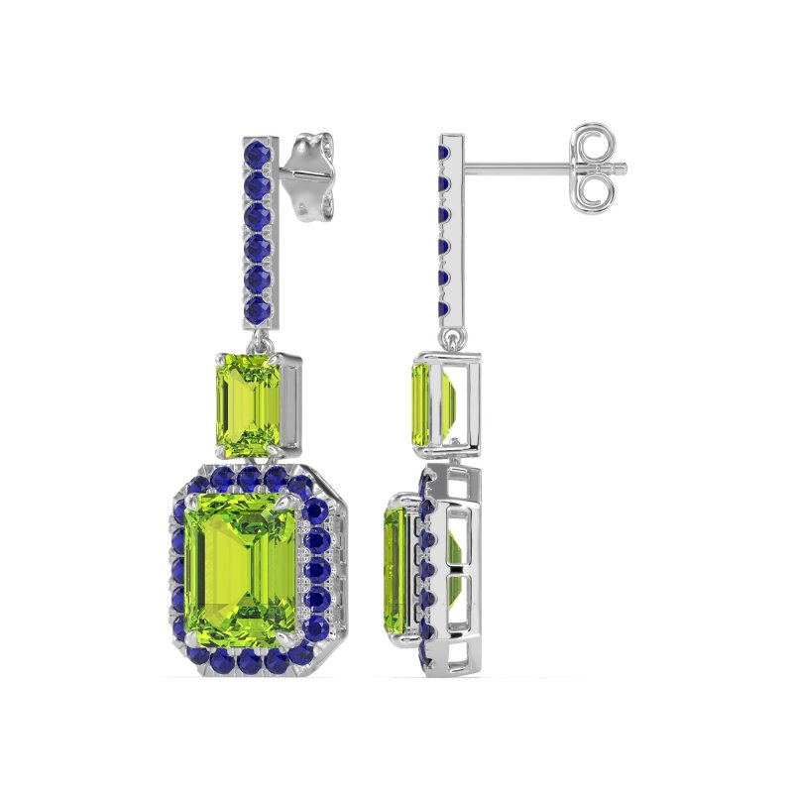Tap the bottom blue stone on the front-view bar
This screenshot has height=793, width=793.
tap(260, 311)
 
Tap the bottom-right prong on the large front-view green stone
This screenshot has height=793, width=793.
tap(294, 635)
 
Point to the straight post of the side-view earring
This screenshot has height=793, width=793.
tap(515, 167)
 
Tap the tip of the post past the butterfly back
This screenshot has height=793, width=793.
tap(623, 167)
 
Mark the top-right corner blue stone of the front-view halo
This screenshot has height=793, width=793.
tap(299, 486)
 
